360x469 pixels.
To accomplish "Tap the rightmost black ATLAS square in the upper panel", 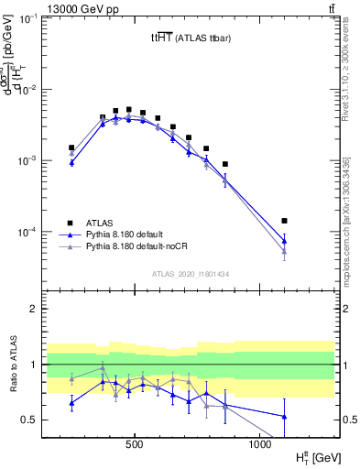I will pos(284,221).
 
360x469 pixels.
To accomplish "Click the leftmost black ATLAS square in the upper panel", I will pos(71,147).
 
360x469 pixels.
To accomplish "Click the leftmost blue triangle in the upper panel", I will pos(71,162).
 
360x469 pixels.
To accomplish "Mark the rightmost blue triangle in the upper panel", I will pos(284,241).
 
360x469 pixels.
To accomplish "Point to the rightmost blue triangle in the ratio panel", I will pos(284,417).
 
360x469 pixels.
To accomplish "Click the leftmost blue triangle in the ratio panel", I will pos(71,402).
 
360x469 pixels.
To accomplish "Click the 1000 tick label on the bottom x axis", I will pos(260,444).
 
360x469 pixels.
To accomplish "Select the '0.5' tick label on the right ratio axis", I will pos(347,420).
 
